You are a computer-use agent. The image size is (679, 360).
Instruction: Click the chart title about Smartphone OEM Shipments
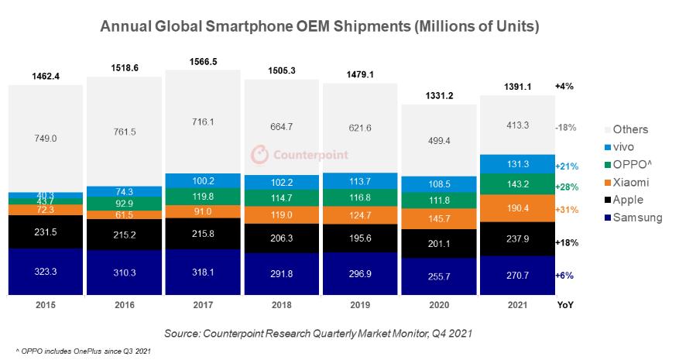[x=320, y=26]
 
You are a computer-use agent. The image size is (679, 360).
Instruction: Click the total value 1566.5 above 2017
[x=203, y=61]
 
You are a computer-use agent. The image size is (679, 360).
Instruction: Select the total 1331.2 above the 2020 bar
[x=438, y=96]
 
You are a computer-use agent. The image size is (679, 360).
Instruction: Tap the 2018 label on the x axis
[x=281, y=305]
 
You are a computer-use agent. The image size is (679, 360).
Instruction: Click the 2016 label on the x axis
[x=124, y=305]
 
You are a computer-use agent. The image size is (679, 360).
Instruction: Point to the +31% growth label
[x=567, y=210]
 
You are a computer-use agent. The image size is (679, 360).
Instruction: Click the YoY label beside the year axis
[x=566, y=305]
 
